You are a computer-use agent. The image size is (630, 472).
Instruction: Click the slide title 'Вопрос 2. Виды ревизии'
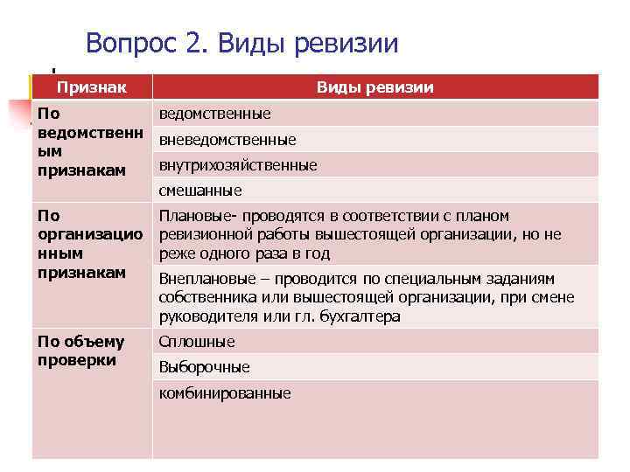[242, 43]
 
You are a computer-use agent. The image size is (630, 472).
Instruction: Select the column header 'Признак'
[91, 87]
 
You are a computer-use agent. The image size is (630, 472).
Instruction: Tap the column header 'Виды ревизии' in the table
[375, 87]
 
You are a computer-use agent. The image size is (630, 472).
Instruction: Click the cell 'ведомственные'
[214, 114]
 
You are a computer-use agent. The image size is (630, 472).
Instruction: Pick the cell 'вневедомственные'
[227, 140]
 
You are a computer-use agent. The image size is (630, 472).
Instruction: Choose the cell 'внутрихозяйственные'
[238, 165]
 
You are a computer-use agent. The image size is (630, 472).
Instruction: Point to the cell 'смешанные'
[200, 191]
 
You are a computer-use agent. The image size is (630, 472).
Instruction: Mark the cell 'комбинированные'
[225, 393]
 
